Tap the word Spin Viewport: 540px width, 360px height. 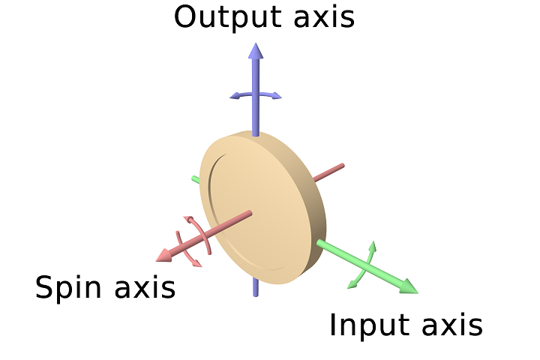coord(68,289)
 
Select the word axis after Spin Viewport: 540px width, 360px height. coord(145,288)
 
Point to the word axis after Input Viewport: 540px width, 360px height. coord(452,325)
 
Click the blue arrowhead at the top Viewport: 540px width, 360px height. coord(256,51)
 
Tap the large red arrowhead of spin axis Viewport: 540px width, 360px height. coord(164,255)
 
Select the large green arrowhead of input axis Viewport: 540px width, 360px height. coord(409,286)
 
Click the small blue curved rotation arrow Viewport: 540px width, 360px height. coord(256,94)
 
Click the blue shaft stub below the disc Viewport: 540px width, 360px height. coord(255,286)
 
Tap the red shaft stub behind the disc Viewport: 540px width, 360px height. coord(329,172)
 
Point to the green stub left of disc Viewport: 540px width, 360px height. coord(196,179)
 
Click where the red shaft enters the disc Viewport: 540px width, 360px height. coord(250,214)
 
